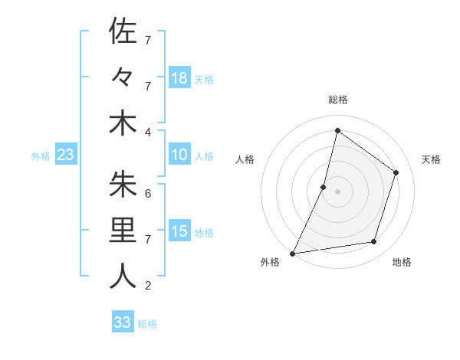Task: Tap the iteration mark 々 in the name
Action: pyautogui.click(x=123, y=77)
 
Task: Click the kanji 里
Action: pyautogui.click(x=123, y=231)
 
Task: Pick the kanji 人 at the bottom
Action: pyautogui.click(x=123, y=277)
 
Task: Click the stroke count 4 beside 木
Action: pyautogui.click(x=148, y=131)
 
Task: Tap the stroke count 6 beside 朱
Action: pyautogui.click(x=148, y=194)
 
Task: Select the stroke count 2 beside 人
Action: pyautogui.click(x=148, y=286)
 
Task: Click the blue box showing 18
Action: pyautogui.click(x=179, y=77)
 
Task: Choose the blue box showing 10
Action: pyautogui.click(x=179, y=155)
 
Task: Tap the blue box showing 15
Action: pyautogui.click(x=179, y=231)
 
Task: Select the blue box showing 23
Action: pyautogui.click(x=65, y=155)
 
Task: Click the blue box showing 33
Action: pyautogui.click(x=123, y=322)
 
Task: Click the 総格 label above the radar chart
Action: pyautogui.click(x=337, y=100)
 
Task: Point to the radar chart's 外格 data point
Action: pyautogui.click(x=293, y=253)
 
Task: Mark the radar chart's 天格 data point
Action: pyautogui.click(x=396, y=172)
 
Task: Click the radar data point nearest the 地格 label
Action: pyautogui.click(x=374, y=242)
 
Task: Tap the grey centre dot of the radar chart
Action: pyautogui.click(x=337, y=191)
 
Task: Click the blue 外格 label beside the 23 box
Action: pyautogui.click(x=41, y=156)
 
